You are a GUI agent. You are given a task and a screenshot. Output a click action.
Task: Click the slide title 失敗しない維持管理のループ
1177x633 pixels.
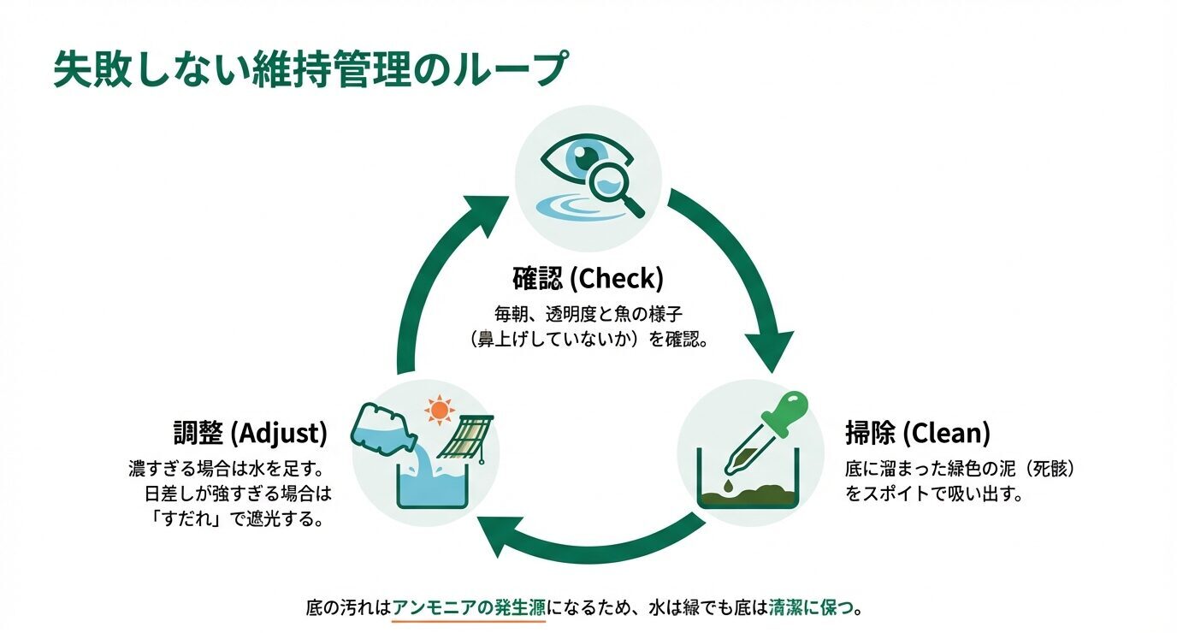(309, 68)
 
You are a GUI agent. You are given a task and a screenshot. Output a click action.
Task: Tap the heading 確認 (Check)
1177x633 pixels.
(588, 279)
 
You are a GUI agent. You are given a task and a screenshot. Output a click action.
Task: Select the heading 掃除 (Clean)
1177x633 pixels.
(917, 434)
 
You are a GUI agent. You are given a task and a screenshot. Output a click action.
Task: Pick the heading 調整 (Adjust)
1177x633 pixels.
(250, 434)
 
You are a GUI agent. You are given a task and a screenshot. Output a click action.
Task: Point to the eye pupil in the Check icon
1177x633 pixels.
(586, 157)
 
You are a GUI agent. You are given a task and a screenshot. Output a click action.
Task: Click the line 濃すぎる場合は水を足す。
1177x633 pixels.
(228, 470)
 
